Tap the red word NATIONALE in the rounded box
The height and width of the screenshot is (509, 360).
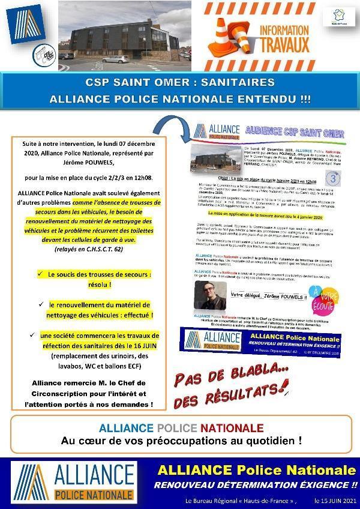point(232,428)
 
